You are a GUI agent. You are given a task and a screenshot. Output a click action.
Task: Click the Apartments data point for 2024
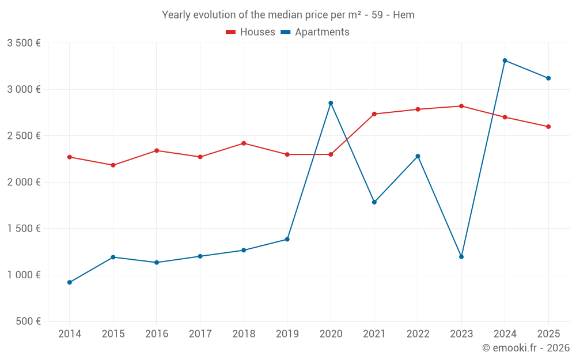[x=505, y=60]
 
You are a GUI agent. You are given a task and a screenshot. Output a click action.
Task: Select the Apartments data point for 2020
[x=331, y=103]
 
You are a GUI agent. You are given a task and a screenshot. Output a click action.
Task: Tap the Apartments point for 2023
[x=461, y=257]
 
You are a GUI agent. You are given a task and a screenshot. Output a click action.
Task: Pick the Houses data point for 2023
[x=461, y=106]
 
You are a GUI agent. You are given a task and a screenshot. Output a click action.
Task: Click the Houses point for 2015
[x=113, y=165]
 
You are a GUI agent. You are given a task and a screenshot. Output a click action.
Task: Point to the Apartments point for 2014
[x=70, y=282]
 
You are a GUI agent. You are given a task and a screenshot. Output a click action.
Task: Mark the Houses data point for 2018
[x=244, y=143]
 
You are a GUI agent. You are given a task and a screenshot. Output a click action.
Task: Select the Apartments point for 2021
[x=374, y=202]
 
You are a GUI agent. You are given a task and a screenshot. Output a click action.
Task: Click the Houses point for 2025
[x=548, y=127]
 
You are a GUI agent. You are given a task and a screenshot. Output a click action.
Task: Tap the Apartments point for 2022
[x=418, y=156]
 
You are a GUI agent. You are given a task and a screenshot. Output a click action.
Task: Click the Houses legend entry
[x=251, y=32]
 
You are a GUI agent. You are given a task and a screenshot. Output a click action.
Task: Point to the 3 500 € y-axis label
[x=24, y=43]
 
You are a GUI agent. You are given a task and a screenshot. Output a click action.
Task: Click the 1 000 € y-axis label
[x=24, y=275]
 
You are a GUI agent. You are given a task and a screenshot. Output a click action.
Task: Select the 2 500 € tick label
[x=24, y=136]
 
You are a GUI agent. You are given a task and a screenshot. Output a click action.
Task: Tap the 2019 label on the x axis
[x=287, y=334]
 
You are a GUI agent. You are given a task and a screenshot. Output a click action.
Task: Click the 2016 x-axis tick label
[x=157, y=334]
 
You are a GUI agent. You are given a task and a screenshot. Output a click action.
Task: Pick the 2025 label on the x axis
[x=548, y=334]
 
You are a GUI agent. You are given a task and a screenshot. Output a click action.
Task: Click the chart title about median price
[x=288, y=15]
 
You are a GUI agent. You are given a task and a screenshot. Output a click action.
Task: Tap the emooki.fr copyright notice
[x=525, y=348]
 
